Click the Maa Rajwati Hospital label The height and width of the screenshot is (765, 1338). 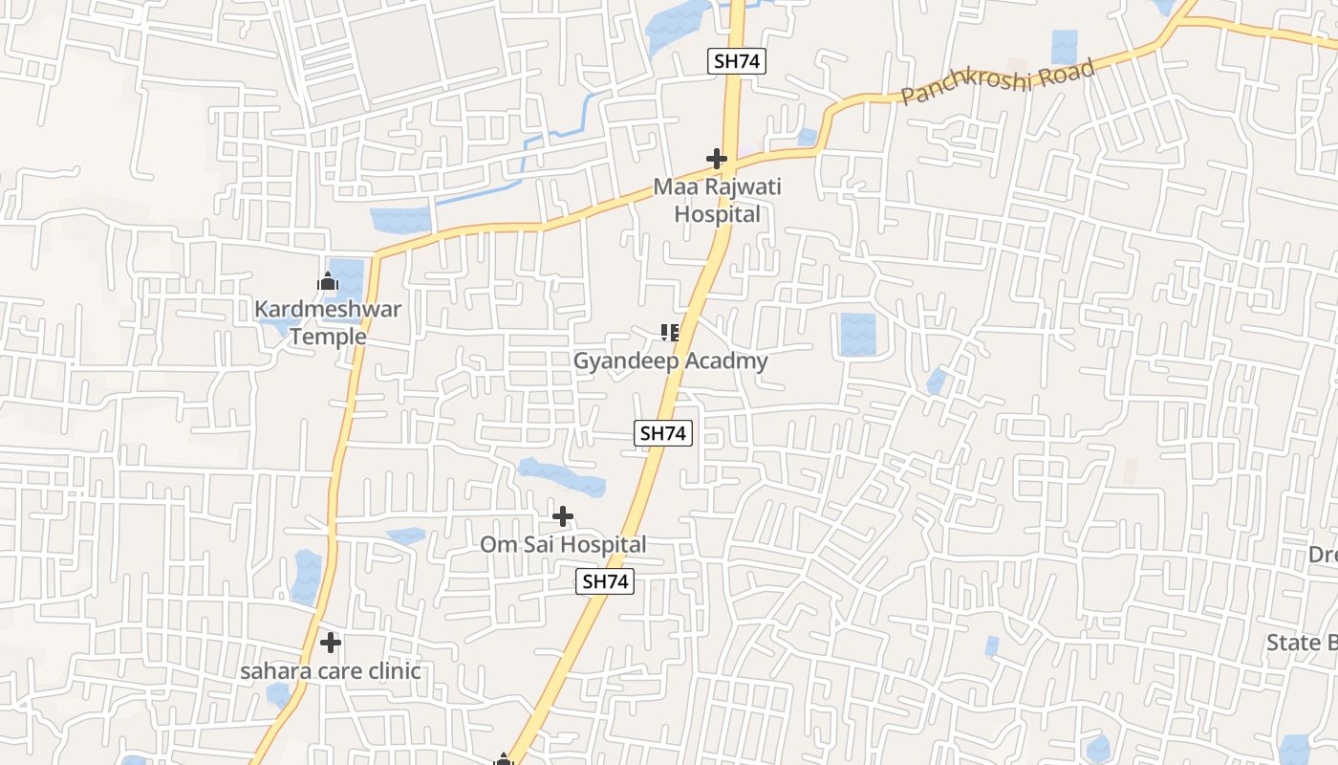(717, 200)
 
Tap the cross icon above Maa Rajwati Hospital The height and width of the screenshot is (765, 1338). (717, 159)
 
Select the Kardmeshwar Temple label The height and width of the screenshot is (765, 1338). (328, 322)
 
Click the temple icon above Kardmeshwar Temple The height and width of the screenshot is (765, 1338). (328, 282)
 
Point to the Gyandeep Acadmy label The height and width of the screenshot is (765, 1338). (670, 361)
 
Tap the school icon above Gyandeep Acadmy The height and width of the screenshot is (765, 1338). (670, 333)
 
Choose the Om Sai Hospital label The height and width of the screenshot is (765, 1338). (563, 544)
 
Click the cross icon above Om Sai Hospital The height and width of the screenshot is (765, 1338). (563, 517)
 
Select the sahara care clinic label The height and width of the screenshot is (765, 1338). (330, 671)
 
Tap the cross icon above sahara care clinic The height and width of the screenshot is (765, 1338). (331, 643)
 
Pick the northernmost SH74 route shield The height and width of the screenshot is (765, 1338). (738, 61)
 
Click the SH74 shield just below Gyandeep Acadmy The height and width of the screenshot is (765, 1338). (663, 433)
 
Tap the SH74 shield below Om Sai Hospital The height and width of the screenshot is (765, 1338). (606, 580)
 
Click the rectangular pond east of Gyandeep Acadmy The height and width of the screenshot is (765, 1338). (857, 335)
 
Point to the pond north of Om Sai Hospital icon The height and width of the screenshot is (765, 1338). (562, 477)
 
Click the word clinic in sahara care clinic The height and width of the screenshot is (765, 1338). (389, 671)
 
